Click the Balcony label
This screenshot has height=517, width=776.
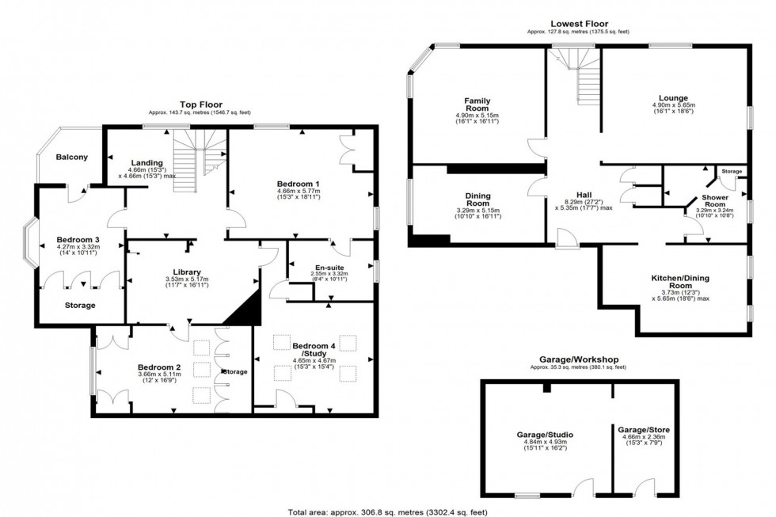tap(71, 157)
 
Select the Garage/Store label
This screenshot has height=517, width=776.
tap(644, 430)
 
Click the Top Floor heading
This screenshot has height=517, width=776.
tap(201, 104)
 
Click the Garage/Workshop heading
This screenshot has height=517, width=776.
tap(578, 359)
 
